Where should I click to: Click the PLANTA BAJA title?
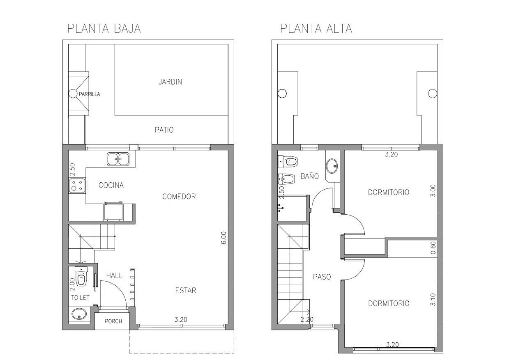pos(104,29)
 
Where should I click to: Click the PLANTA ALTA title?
pos(316,29)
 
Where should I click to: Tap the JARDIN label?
pos(170,82)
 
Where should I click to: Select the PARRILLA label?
pos(89,94)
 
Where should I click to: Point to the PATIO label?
pos(164,130)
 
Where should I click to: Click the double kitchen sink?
pos(118,159)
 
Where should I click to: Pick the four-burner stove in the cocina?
pos(77,186)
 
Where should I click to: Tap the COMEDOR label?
pos(179,196)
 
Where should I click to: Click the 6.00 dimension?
pos(223,238)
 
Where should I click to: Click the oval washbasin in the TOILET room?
pos(79,314)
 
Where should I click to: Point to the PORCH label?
pos(113,321)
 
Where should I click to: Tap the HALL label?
pos(114,275)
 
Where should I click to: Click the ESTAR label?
pos(186,290)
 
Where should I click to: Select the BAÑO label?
pos(309,176)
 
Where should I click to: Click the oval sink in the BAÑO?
pos(332,166)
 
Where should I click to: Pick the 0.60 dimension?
pos(433,248)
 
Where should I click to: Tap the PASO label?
pos(322,277)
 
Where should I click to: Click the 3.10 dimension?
pos(433,300)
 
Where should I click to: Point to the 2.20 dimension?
pos(307,320)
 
